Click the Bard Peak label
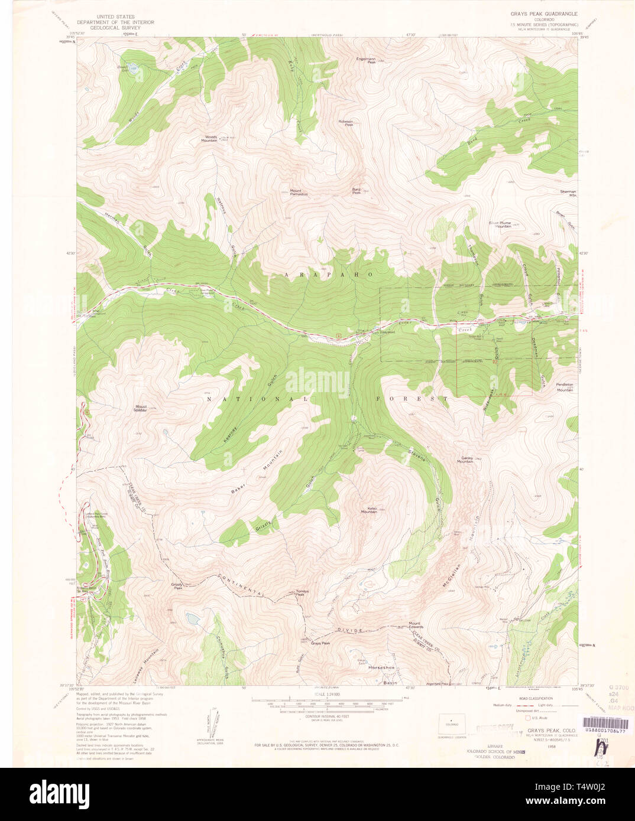357,191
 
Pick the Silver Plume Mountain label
500,224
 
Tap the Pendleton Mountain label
565,387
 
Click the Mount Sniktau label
141,408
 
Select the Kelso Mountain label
369,510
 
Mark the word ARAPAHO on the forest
329,275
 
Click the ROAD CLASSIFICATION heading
523,698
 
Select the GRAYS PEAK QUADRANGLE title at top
544,12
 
